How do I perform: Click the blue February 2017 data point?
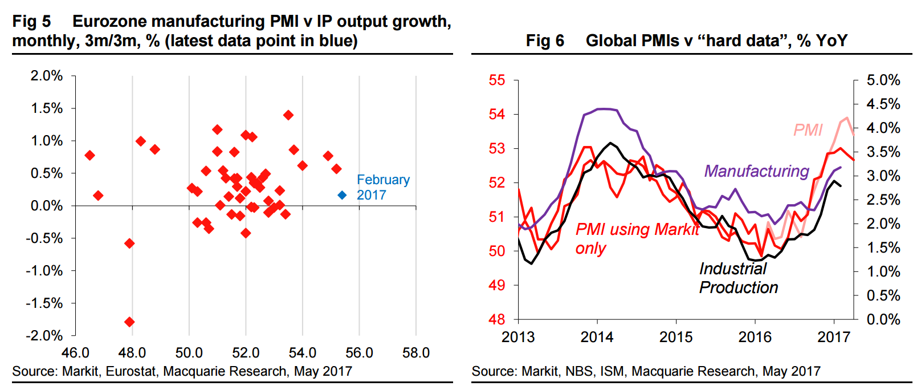tap(342, 195)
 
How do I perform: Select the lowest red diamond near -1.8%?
tap(129, 322)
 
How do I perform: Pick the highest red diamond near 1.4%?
tap(288, 115)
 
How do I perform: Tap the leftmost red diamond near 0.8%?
tap(89, 155)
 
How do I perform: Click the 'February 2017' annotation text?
tap(383, 187)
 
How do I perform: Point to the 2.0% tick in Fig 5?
tap(47, 76)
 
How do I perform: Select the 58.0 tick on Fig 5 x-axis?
tap(416, 353)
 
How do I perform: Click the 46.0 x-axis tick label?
tap(75, 353)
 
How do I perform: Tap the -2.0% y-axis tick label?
tap(44, 336)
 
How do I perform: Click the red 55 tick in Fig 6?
tap(497, 80)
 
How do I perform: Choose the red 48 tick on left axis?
tap(497, 319)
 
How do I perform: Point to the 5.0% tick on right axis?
tap(883, 80)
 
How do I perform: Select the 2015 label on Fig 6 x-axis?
tap(676, 337)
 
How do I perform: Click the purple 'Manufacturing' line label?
tap(756, 171)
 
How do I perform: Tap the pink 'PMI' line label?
tap(808, 130)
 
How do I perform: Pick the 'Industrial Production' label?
tap(738, 278)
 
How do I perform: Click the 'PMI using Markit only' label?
tap(637, 238)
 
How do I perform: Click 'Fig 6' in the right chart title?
tap(545, 40)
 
